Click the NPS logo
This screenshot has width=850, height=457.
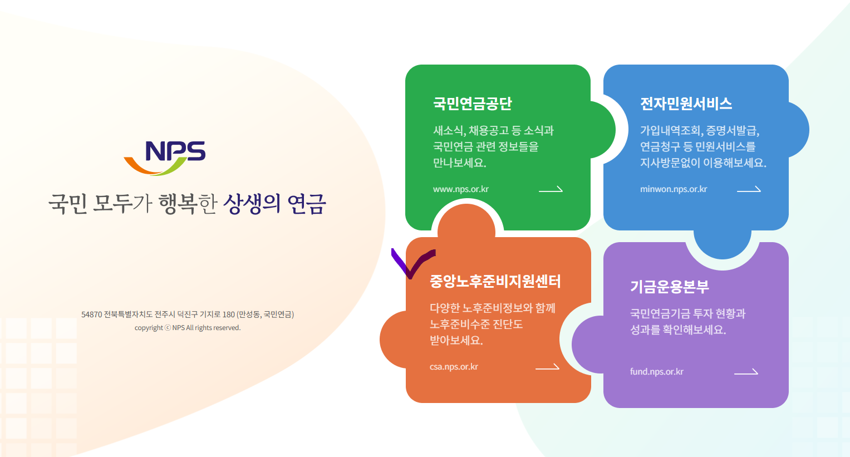coord(165,157)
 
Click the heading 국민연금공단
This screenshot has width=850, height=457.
coord(472,104)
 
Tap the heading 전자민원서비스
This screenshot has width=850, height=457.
coord(686,104)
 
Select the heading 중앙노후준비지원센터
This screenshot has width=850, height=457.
coord(495,281)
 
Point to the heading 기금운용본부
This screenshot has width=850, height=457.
coord(669,287)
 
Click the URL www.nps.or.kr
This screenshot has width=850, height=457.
coord(460,189)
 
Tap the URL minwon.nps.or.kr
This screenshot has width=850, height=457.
coord(673,189)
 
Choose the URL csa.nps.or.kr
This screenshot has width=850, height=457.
coord(454,367)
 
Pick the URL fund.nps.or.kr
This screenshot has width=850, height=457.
coord(656,372)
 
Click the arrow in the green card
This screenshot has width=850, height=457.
coord(551,189)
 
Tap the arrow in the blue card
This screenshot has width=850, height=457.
coord(749,189)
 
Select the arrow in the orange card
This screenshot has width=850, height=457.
coord(547,367)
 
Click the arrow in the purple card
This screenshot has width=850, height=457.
coord(746,372)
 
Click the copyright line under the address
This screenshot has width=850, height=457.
coord(188,328)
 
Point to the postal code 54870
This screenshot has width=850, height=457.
coord(91,315)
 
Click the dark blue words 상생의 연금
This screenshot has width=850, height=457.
coord(274,204)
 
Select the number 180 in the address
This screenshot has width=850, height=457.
coord(229,315)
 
